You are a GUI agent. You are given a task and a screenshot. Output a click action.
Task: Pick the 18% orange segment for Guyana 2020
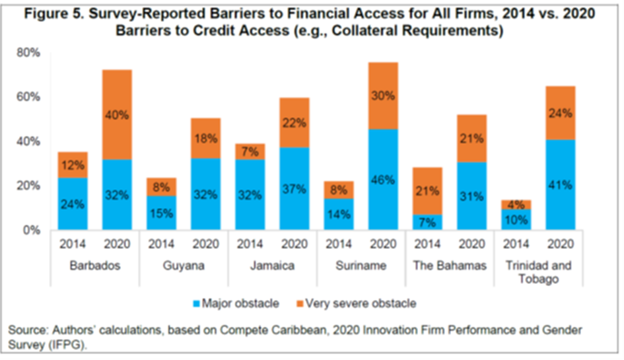point(205,139)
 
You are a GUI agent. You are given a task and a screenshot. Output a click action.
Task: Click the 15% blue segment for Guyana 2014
point(162,213)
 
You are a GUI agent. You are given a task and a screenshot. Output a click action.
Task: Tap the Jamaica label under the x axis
point(272,266)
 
